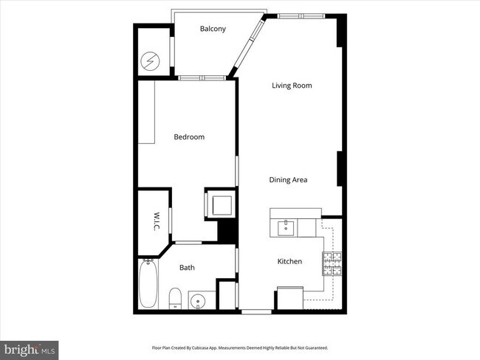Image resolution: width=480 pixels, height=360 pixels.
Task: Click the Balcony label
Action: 213,29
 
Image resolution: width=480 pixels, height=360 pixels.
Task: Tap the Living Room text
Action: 292,86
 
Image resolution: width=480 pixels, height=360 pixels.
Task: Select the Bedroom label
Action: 189,136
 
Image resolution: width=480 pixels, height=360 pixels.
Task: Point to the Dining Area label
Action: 288,179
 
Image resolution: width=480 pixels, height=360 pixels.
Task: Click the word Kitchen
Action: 289,261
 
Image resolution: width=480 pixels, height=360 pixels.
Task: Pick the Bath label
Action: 187,268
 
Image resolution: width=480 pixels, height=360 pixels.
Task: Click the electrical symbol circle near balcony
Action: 151,58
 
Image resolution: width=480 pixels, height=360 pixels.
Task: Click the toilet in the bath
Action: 175,300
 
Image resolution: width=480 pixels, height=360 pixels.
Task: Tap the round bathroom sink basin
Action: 197,301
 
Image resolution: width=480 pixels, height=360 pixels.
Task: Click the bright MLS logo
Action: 30,347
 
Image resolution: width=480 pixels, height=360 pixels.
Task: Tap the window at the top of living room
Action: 301,15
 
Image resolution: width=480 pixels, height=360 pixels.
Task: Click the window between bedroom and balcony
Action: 201,77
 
